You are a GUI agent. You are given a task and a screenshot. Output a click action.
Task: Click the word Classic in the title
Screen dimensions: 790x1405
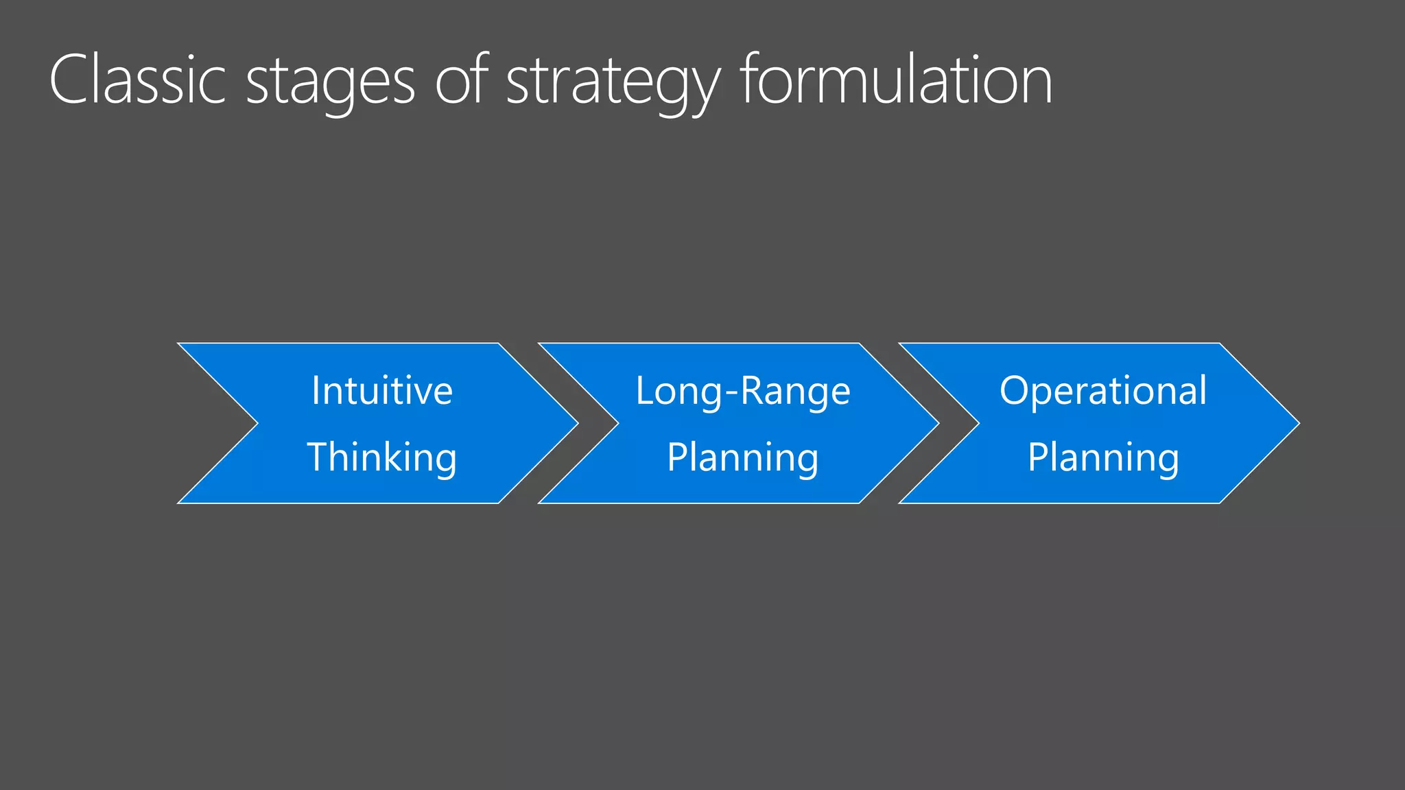tap(137, 81)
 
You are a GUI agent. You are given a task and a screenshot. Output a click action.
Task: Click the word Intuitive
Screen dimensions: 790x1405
tap(382, 391)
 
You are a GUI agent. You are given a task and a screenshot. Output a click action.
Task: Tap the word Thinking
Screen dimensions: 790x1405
tap(382, 457)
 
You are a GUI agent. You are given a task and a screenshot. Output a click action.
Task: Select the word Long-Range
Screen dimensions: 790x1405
tap(743, 391)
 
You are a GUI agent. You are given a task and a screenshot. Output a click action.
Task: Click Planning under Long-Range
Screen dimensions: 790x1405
tap(743, 458)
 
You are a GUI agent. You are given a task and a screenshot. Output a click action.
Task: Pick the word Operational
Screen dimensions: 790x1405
tap(1103, 391)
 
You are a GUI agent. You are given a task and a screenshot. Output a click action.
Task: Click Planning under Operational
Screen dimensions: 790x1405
tap(1103, 458)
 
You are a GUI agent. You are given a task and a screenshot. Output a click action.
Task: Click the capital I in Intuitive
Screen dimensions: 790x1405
tap(316, 390)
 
